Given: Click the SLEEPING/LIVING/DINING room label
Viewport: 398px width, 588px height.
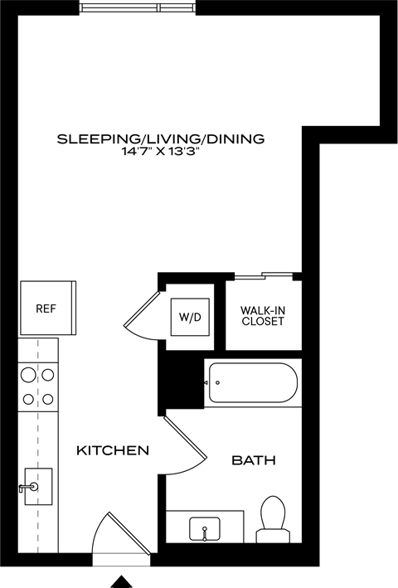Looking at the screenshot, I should [160, 138].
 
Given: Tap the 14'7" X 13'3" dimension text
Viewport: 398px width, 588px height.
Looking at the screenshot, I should [160, 153].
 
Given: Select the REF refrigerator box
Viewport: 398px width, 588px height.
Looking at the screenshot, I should [46, 308].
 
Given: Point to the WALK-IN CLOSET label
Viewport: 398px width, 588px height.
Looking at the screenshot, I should [262, 315].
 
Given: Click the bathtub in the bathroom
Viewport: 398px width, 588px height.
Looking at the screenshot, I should [253, 384].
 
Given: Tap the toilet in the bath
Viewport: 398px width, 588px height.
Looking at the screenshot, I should [272, 514].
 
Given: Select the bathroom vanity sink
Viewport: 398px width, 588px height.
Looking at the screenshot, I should [203, 527].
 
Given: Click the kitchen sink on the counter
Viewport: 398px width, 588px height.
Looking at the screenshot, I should [36, 486].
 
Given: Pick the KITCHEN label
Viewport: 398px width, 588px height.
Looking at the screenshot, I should [113, 451].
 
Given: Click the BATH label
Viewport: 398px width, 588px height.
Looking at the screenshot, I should [253, 460].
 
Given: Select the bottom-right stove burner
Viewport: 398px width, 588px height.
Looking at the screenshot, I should [48, 400].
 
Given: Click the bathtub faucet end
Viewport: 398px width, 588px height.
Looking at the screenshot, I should [212, 383].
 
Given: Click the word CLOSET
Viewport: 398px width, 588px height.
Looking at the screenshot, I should [262, 321].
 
